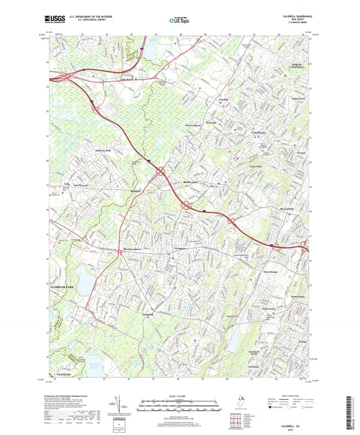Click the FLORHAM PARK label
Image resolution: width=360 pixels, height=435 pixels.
pos(66,288)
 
